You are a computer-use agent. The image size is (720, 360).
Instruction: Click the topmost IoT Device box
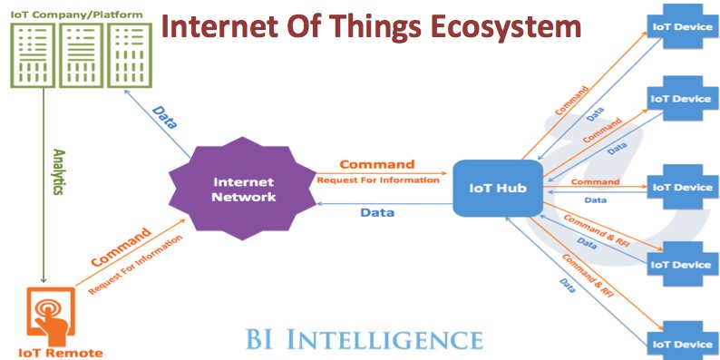(x=680, y=26)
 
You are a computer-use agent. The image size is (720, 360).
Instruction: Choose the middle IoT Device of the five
(x=680, y=188)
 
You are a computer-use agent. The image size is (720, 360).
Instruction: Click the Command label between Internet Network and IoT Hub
(x=376, y=164)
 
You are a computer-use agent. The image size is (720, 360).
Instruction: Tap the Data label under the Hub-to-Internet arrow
(x=376, y=212)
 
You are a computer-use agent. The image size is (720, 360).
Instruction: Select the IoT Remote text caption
(x=61, y=352)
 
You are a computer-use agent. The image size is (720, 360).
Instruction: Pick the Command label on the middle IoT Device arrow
(x=595, y=181)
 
